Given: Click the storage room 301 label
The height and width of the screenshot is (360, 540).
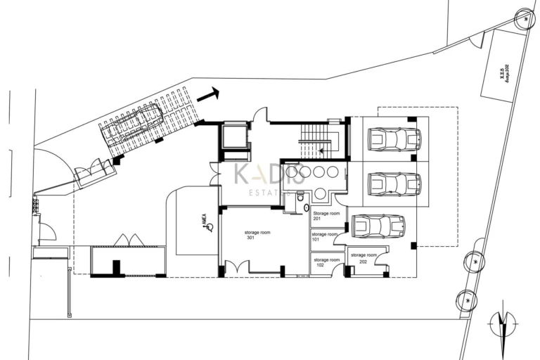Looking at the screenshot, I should click(x=257, y=235).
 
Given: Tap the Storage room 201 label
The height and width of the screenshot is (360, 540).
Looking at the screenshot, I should click(x=326, y=215).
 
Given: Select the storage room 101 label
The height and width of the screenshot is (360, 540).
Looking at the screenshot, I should click(x=324, y=237).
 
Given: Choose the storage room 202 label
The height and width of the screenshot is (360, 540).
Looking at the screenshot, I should click(x=364, y=257).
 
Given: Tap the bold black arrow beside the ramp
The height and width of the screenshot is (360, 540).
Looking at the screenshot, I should click(x=208, y=94).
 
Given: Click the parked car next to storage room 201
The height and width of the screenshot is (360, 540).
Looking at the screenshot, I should click(x=378, y=226).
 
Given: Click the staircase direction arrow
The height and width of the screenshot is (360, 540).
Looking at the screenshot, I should click(x=320, y=149).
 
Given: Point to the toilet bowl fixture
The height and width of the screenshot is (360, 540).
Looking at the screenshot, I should click(x=300, y=198).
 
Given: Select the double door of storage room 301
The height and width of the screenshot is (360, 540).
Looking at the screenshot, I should click(x=237, y=267).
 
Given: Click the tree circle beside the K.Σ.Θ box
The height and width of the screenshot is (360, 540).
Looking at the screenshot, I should click(x=525, y=20).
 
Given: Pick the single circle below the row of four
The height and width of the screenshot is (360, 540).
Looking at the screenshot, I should click(x=319, y=193).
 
